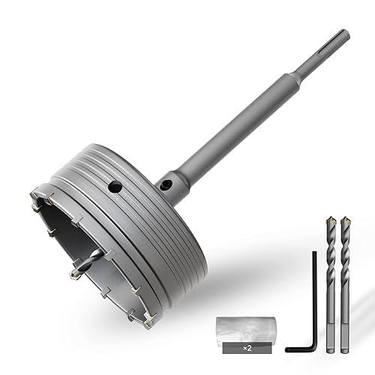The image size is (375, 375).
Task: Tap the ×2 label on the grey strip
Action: pos(247,348)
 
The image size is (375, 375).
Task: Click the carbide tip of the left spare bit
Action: pos(331,220)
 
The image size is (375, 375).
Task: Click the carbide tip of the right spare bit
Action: pos(345,220)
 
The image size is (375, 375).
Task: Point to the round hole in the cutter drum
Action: pos(115,187)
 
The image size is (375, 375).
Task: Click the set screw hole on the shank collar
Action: pos(165,185)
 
